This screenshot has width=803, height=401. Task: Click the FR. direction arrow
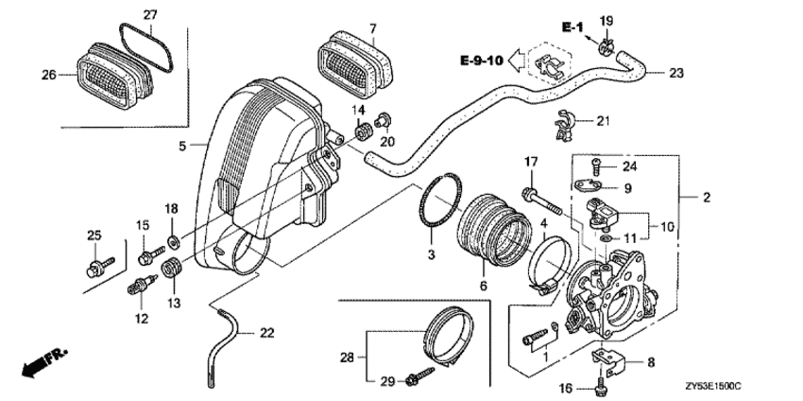(x=43, y=360)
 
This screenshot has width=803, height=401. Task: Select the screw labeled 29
(x=416, y=380)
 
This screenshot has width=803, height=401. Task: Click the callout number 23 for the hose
(x=676, y=72)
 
